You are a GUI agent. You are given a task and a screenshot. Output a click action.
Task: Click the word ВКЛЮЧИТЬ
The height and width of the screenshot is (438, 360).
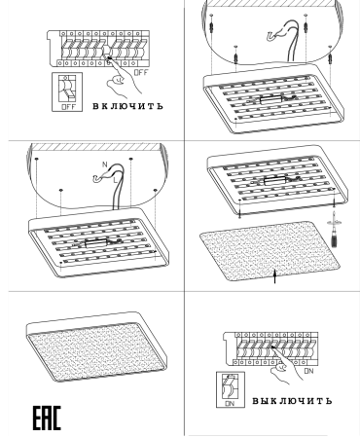[128, 106]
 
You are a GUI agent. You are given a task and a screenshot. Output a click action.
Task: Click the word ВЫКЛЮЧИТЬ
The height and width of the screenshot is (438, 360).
[292, 401]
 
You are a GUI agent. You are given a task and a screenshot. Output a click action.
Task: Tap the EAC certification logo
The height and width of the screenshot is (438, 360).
[47, 418]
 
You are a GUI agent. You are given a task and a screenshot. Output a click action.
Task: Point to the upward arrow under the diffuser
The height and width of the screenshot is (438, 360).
[275, 276]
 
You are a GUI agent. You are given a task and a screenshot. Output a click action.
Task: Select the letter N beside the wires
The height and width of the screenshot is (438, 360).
[104, 164]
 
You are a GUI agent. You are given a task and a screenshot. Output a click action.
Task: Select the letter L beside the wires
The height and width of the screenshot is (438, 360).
[115, 179]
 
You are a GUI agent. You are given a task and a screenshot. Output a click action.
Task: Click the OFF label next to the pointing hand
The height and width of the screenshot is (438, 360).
[141, 73]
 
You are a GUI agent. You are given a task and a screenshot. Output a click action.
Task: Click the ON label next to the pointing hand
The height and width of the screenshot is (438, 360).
[309, 371]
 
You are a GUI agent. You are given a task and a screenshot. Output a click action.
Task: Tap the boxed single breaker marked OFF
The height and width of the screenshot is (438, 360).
[67, 92]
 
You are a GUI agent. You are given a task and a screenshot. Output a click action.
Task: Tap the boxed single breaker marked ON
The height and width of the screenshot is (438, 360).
[231, 389]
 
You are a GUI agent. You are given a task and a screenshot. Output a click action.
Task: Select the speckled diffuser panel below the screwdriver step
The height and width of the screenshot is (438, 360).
[270, 251]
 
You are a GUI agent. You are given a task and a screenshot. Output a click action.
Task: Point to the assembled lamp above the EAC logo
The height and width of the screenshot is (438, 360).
[96, 347]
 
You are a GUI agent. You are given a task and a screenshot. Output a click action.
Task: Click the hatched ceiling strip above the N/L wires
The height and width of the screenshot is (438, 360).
[96, 147]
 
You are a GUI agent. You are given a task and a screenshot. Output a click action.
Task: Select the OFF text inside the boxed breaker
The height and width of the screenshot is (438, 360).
[68, 107]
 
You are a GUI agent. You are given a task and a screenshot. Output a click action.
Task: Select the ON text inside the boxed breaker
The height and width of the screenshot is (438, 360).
[230, 404]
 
